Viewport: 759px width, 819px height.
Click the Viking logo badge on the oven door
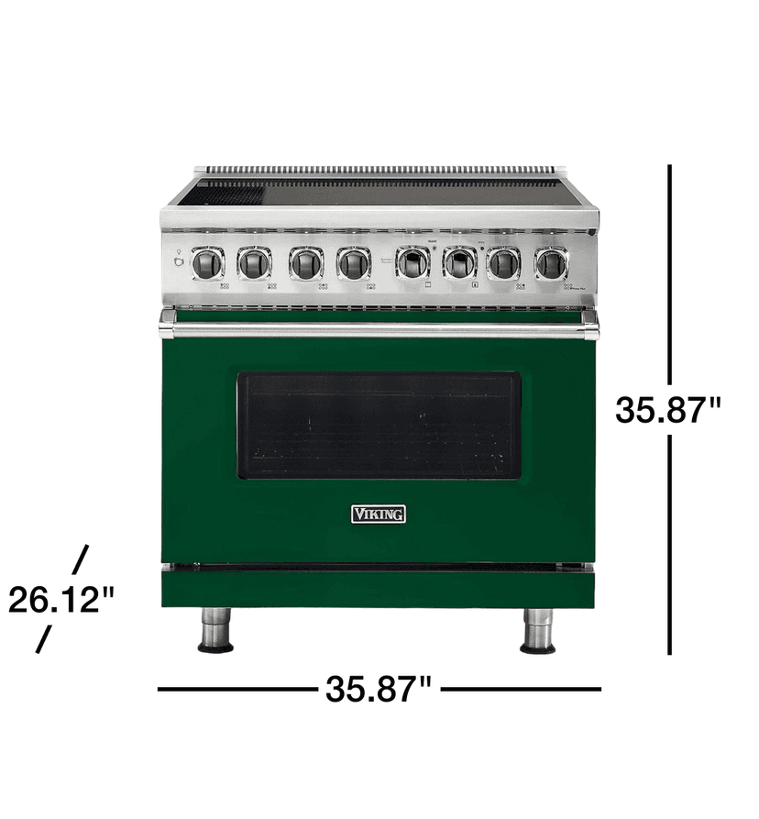point(379,514)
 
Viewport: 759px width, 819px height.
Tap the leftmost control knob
point(208,264)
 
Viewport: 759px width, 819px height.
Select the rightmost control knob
point(550,264)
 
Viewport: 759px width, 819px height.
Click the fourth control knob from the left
point(353,264)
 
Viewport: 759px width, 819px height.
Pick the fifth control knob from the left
point(413,264)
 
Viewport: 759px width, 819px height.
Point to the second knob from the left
point(254,264)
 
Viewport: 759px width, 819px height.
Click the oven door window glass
point(379,426)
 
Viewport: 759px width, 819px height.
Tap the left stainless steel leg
point(215,629)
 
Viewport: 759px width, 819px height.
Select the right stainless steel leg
point(537,629)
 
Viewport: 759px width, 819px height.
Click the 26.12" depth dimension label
point(61,600)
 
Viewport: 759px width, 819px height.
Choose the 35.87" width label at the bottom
point(378,689)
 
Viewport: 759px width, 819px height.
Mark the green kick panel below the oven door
point(379,587)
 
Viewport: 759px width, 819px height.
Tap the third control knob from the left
point(305,264)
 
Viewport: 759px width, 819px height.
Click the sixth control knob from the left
point(459,264)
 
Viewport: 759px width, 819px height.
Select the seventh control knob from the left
point(503,264)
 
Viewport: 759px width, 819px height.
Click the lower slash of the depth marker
point(43,639)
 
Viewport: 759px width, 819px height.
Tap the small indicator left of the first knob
point(178,264)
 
